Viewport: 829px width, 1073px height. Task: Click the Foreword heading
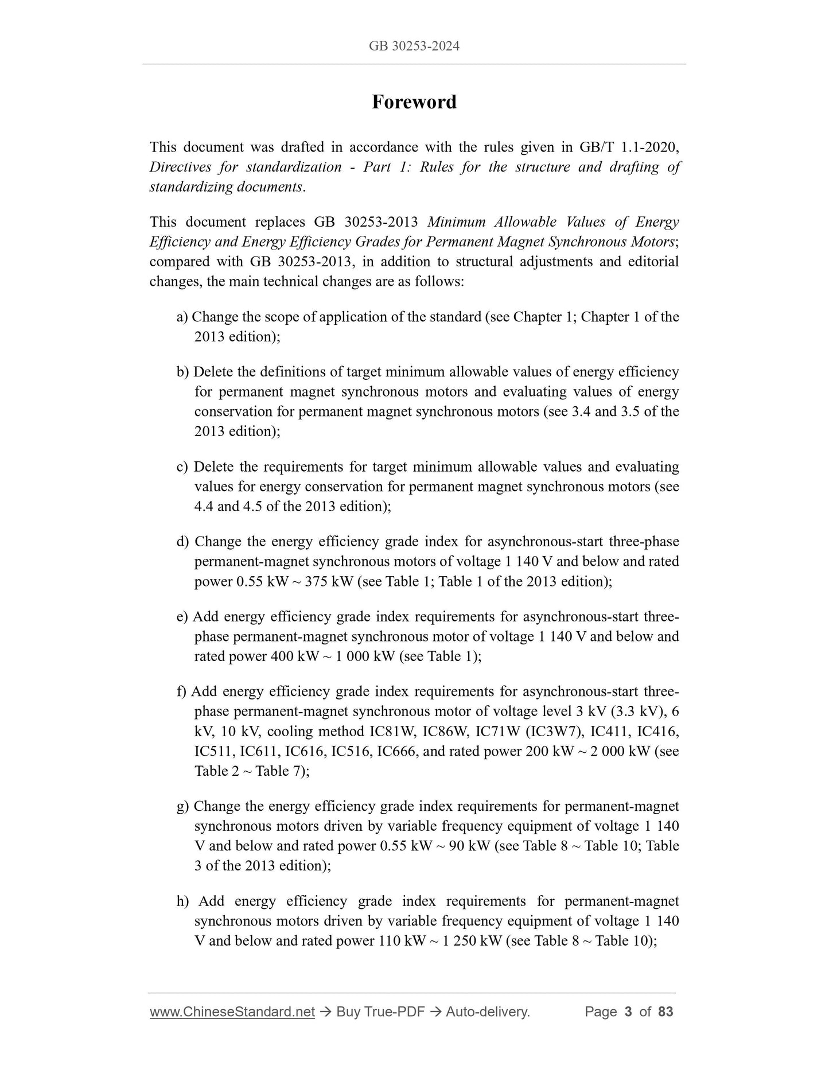(414, 102)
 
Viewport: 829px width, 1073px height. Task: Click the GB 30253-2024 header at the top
(414, 46)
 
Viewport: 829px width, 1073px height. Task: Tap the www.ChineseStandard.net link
(232, 1012)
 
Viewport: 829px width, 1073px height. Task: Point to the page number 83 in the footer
(665, 1012)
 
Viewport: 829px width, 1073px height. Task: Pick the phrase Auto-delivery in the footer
(487, 1012)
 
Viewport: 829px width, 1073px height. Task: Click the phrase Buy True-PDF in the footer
(380, 1012)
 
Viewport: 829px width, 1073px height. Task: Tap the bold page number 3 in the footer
(628, 1012)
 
